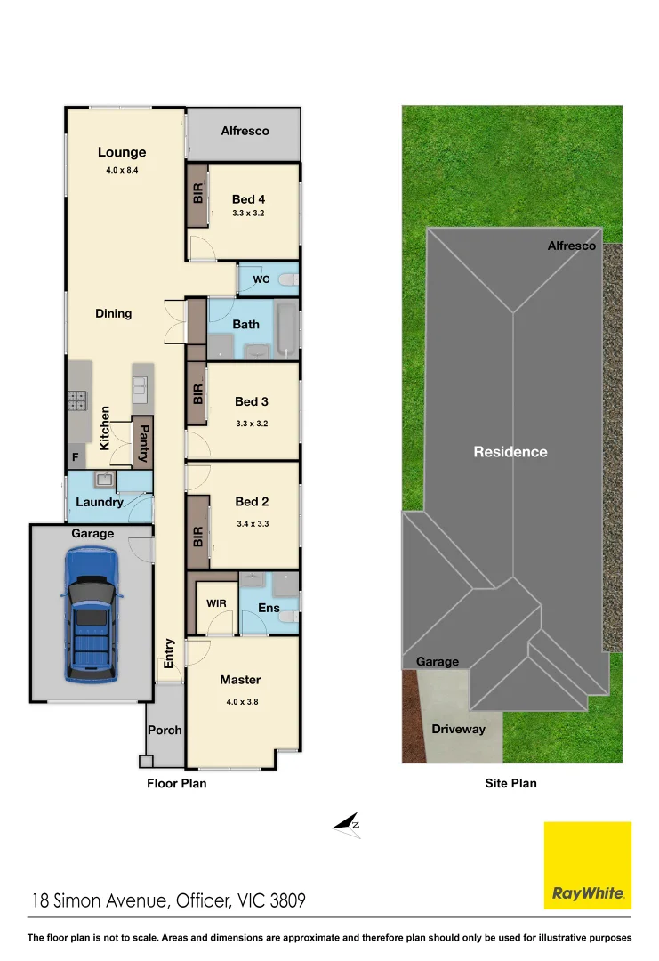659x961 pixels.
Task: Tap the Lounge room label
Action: (122, 152)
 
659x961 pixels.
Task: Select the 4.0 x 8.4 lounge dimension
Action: (122, 169)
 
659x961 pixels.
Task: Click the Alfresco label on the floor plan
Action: (245, 131)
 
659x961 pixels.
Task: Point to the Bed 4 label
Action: (248, 199)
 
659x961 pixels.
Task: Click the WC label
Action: (261, 279)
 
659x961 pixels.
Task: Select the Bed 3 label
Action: (252, 401)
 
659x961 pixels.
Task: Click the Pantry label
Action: (144, 442)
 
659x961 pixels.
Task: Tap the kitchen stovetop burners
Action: (76, 400)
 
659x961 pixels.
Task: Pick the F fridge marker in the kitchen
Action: (76, 457)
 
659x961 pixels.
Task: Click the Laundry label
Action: (100, 502)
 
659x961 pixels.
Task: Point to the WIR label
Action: (217, 603)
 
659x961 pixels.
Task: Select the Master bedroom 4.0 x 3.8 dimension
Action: (241, 701)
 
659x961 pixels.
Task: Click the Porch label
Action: (165, 730)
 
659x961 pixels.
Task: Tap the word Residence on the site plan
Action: (510, 452)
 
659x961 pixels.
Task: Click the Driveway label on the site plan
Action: (458, 729)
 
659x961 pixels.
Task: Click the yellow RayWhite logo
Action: (588, 865)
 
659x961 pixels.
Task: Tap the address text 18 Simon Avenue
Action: (98, 900)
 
